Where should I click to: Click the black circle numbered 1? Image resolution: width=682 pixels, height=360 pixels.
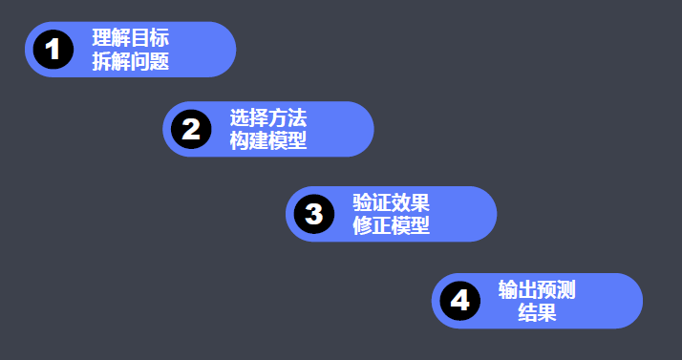[53, 49]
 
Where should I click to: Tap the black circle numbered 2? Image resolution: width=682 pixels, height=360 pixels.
[191, 129]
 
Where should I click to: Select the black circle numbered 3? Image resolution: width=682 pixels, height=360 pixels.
[314, 214]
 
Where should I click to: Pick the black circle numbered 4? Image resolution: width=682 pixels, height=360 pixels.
[460, 301]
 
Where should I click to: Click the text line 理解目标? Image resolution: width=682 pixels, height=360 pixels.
[131, 39]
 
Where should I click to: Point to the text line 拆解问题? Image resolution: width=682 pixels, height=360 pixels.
[131, 62]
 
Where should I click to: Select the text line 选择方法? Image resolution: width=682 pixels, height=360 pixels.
[268, 118]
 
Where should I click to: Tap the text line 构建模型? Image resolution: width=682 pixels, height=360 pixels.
[268, 141]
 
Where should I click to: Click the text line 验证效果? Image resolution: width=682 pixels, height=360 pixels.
[392, 203]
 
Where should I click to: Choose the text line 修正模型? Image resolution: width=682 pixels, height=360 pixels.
[392, 226]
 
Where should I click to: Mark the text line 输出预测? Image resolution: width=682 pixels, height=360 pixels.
[537, 289]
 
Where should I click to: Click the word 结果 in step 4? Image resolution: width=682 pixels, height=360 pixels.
[537, 312]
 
